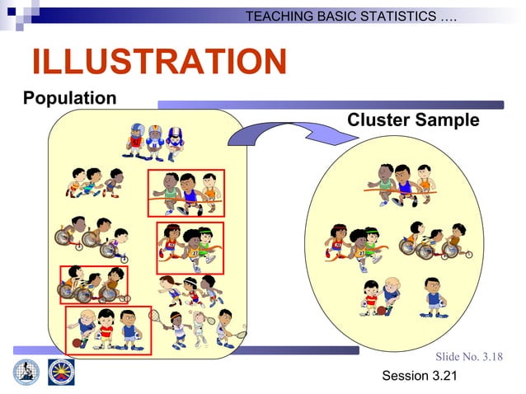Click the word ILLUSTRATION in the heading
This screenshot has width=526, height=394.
(x=158, y=63)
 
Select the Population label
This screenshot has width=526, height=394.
(x=69, y=99)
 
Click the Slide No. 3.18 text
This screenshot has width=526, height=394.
(x=468, y=357)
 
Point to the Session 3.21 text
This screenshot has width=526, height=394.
(x=419, y=377)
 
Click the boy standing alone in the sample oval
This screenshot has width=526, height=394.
(x=434, y=297)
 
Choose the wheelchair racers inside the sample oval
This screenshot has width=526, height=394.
(x=434, y=241)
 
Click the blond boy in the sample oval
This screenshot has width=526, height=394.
(x=392, y=295)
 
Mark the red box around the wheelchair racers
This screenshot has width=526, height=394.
(x=93, y=284)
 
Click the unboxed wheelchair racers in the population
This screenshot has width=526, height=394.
(x=90, y=236)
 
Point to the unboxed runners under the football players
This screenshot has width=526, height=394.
(x=94, y=182)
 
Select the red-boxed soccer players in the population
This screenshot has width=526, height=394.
(x=107, y=330)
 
